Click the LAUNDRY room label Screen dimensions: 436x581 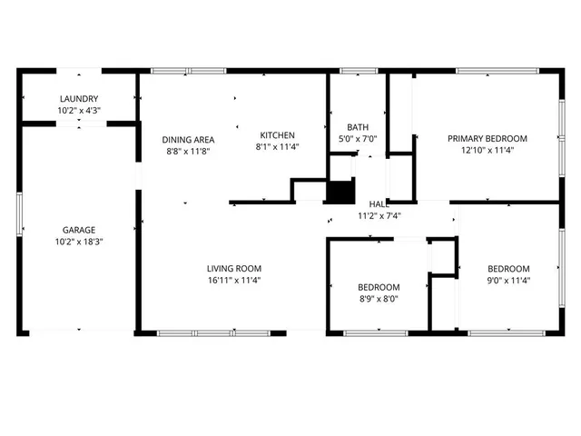(x=79, y=99)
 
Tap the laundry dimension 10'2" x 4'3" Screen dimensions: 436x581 (x=79, y=111)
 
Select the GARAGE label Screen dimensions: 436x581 (x=79, y=230)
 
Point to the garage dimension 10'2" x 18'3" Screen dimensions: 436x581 (x=79, y=243)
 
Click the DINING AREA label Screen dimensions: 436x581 (x=187, y=139)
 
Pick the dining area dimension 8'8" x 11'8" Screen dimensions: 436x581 (x=187, y=152)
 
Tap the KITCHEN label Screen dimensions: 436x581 (x=277, y=134)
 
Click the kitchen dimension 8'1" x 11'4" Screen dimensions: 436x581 (x=277, y=146)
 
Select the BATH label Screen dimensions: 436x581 (x=358, y=127)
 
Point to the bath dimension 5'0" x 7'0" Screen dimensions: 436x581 (x=358, y=139)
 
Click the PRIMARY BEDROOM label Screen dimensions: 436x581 (x=487, y=139)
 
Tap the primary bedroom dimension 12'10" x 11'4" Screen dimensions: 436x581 (x=487, y=152)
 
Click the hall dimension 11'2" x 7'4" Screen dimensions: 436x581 (x=379, y=216)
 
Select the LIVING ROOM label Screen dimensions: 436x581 (x=233, y=268)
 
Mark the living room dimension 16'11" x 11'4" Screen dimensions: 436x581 (x=233, y=281)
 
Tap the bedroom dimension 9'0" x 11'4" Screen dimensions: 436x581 (x=508, y=281)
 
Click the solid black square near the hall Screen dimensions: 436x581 (x=340, y=193)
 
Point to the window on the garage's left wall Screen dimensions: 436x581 (x=19, y=216)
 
